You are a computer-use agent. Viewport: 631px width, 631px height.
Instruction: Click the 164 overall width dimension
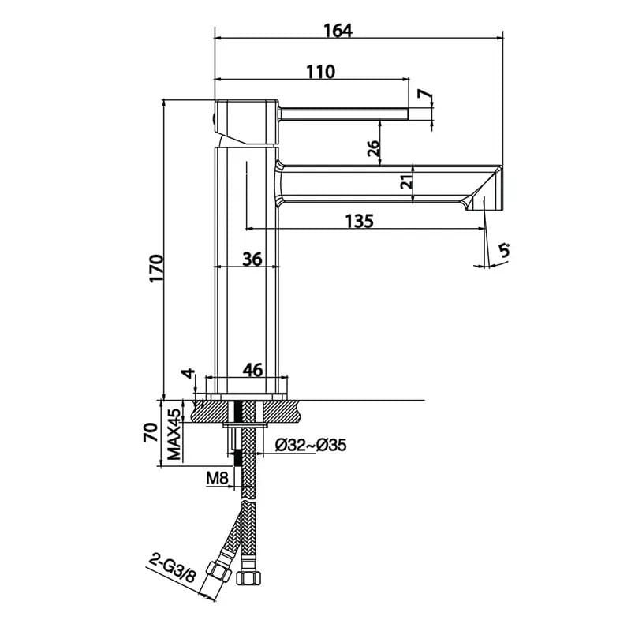tap(338, 31)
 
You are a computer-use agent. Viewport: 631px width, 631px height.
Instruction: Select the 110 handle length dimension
tap(321, 72)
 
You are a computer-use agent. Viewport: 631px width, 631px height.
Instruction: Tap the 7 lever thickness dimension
tap(424, 94)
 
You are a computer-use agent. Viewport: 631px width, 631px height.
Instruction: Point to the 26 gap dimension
tap(373, 149)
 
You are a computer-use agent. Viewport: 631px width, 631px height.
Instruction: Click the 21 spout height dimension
tap(407, 182)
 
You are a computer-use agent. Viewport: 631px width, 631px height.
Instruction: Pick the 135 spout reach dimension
tap(360, 221)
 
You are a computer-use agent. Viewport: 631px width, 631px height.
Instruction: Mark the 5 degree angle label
tap(504, 250)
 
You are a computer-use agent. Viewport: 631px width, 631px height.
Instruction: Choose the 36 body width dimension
tap(252, 259)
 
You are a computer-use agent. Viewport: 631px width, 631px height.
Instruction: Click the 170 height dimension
tap(156, 268)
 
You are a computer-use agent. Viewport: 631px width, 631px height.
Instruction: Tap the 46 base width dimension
tap(253, 370)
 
